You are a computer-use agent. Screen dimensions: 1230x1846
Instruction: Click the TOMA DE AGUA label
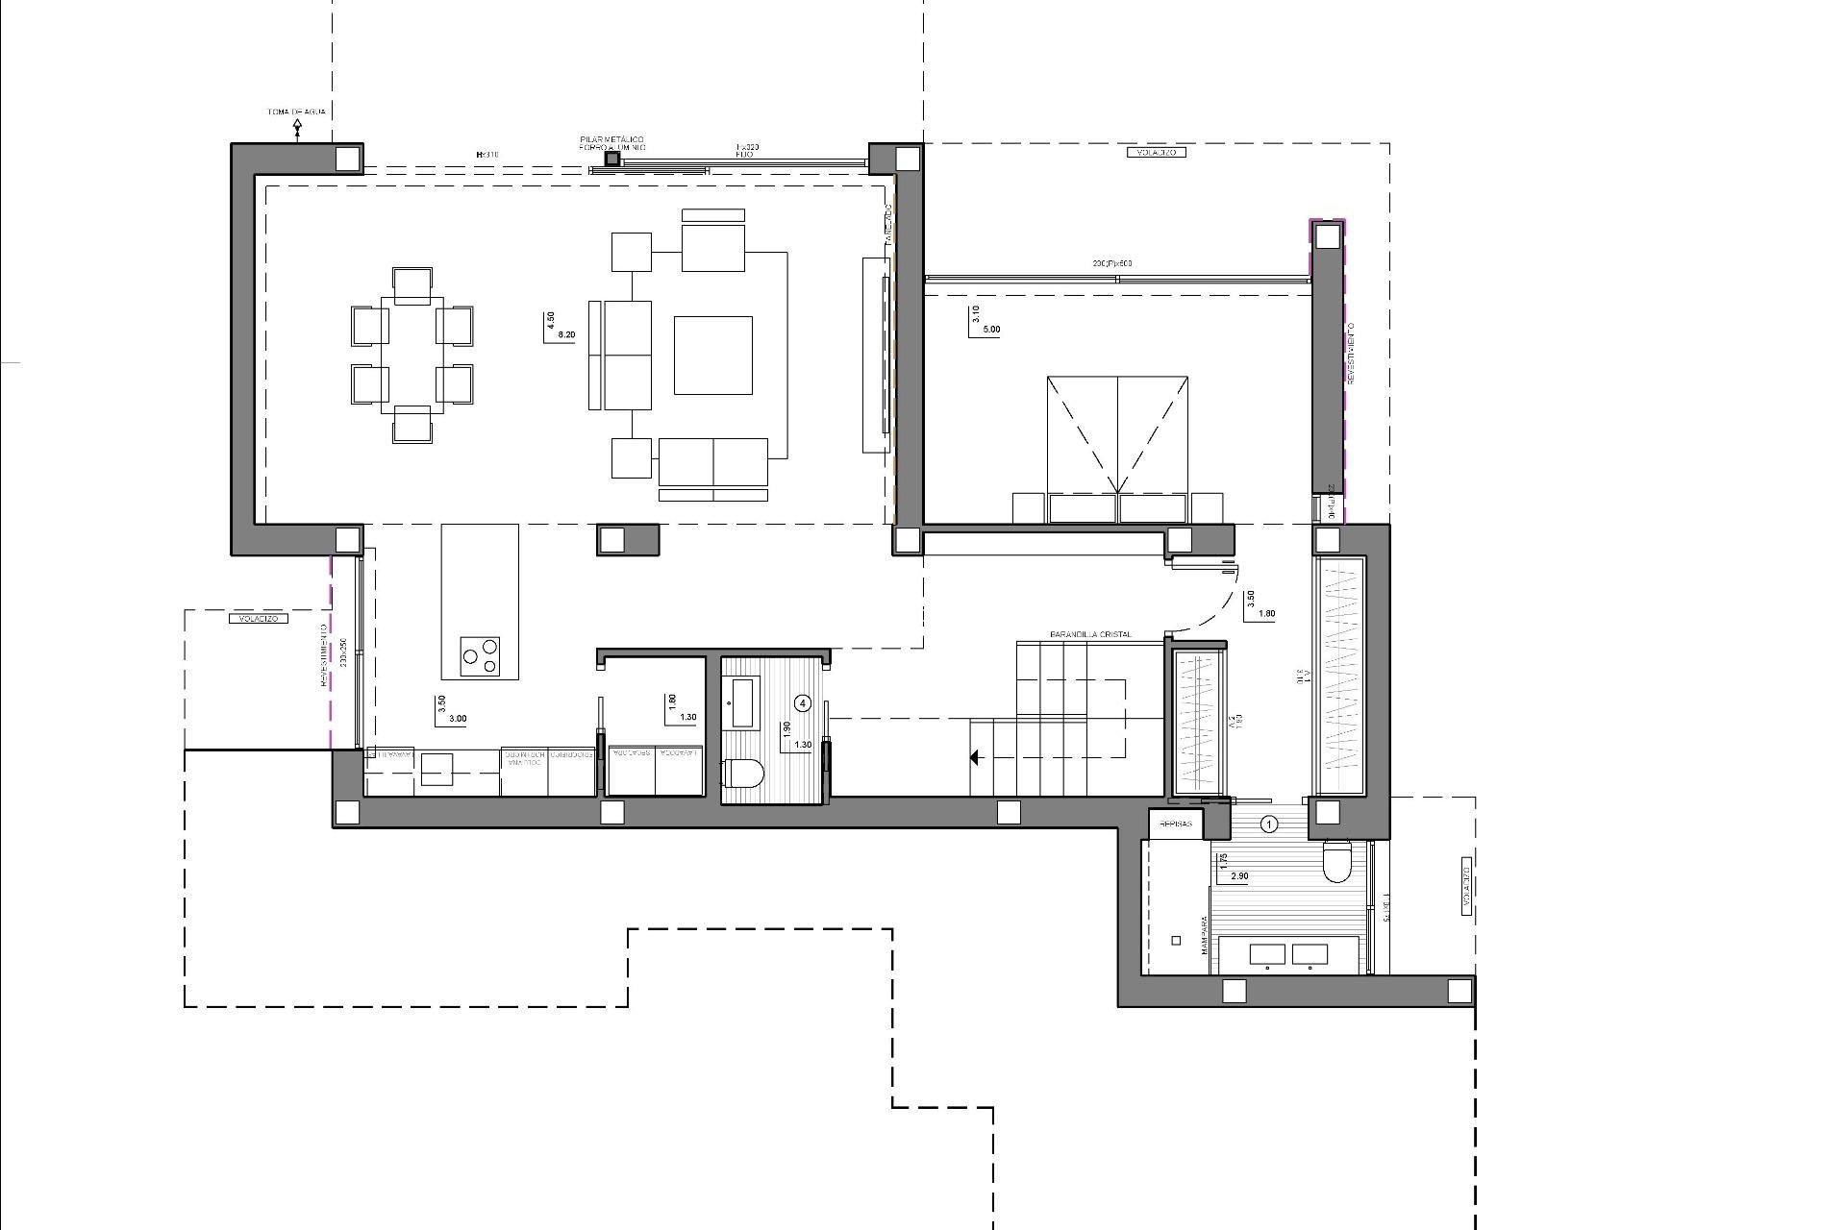coord(296,111)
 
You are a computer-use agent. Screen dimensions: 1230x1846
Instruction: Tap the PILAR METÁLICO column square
coord(612,159)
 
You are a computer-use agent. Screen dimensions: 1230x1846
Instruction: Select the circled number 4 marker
coord(804,703)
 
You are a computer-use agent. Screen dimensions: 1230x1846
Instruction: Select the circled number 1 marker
coord(1269,824)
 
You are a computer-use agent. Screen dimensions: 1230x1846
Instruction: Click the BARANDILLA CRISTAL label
coord(1090,634)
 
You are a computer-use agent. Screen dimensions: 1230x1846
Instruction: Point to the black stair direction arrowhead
coord(974,758)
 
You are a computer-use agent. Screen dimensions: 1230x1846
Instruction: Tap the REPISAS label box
coord(1176,824)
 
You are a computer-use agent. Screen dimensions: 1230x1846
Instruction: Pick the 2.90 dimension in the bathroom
coord(1239,876)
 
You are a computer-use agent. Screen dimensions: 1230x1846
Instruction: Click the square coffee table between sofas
coord(712,356)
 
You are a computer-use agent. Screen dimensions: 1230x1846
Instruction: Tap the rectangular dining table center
coord(412,356)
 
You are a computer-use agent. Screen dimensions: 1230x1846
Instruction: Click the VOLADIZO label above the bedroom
coord(1156,152)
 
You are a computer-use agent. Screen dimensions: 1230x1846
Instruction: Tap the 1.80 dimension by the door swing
coord(1266,614)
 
